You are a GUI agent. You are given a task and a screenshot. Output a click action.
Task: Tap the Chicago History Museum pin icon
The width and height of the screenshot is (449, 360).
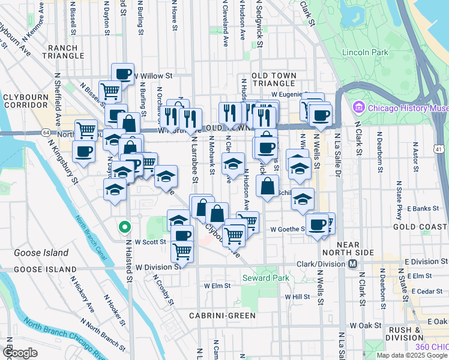[359, 108]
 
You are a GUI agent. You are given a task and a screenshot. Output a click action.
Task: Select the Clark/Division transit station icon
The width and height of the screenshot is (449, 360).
[353, 264]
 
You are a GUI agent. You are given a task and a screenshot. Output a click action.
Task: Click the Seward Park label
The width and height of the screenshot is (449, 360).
[265, 278]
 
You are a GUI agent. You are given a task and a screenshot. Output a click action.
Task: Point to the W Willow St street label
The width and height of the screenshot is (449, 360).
[153, 76]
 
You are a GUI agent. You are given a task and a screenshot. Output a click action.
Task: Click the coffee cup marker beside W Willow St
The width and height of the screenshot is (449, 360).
[122, 74]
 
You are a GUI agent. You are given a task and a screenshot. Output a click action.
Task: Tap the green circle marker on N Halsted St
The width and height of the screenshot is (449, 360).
[124, 227]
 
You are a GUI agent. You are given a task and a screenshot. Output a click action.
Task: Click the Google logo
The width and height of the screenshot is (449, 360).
[20, 353]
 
